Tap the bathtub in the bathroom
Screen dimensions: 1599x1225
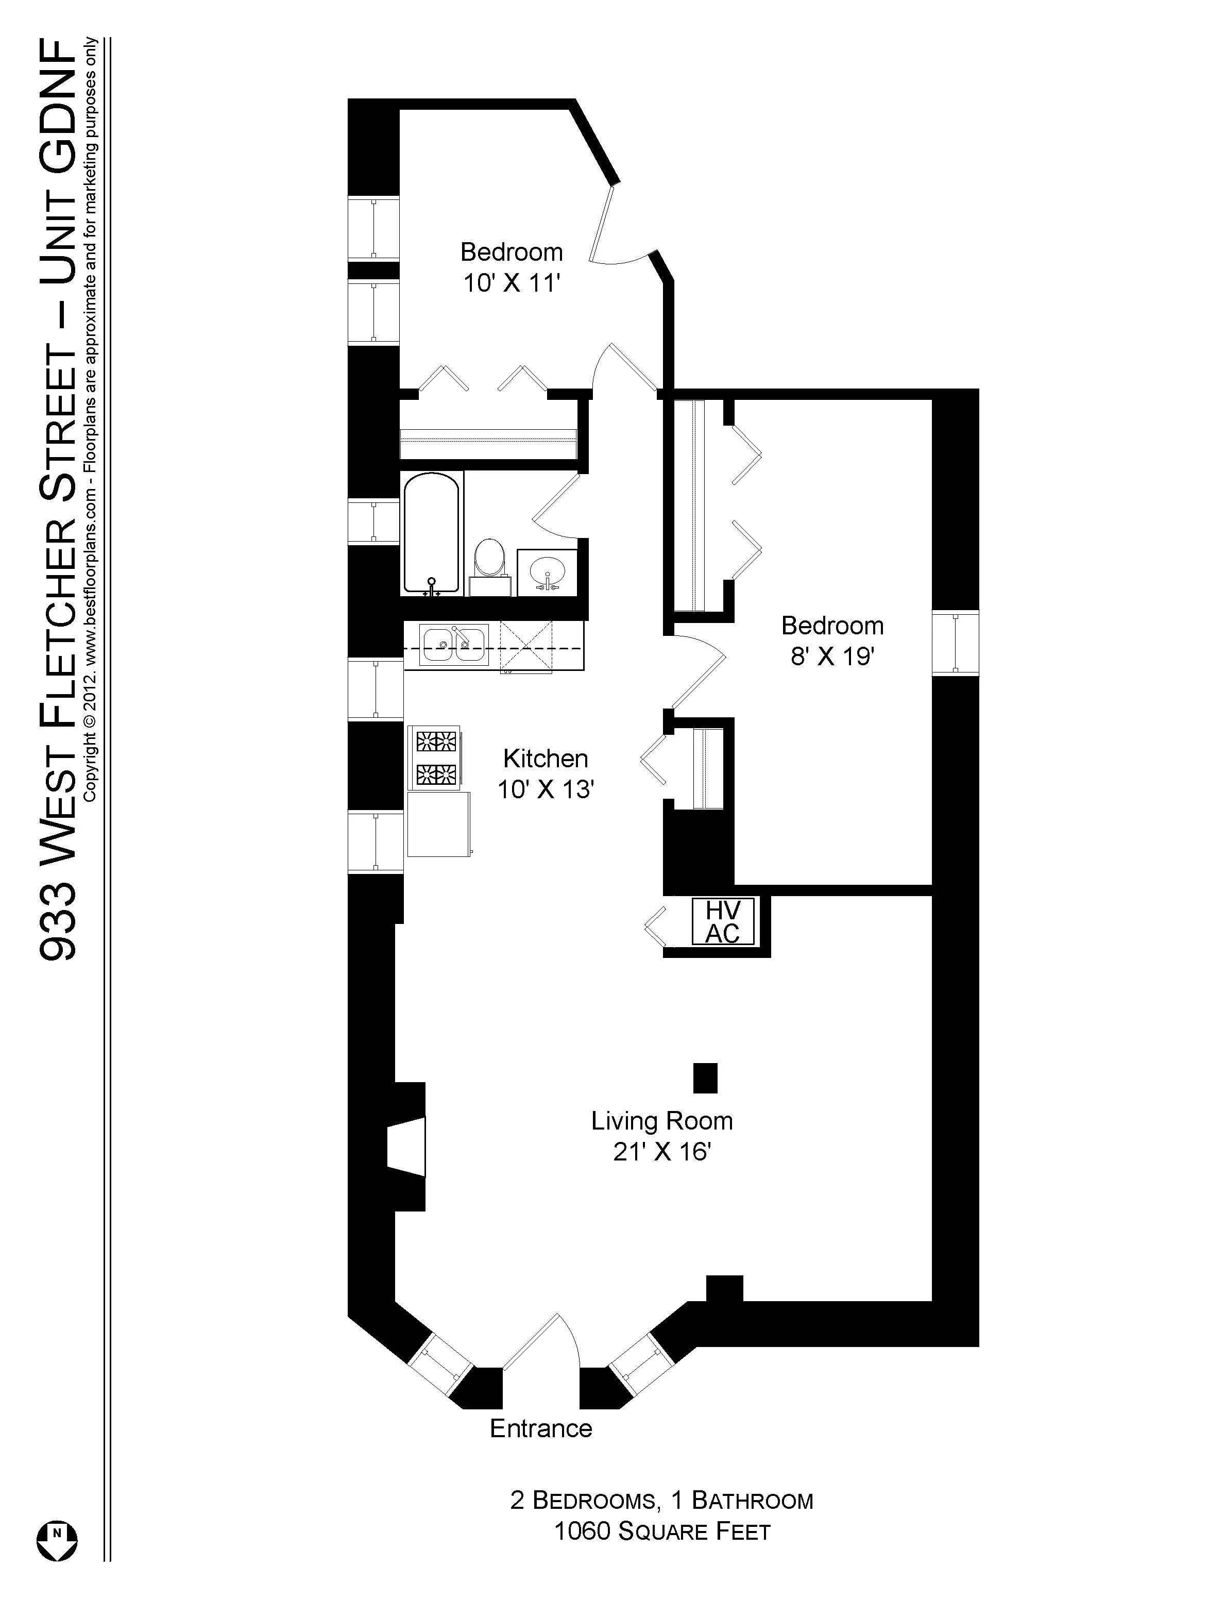(x=432, y=532)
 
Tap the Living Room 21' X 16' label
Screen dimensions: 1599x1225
(x=661, y=1135)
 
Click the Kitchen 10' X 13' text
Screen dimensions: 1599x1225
(x=546, y=773)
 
